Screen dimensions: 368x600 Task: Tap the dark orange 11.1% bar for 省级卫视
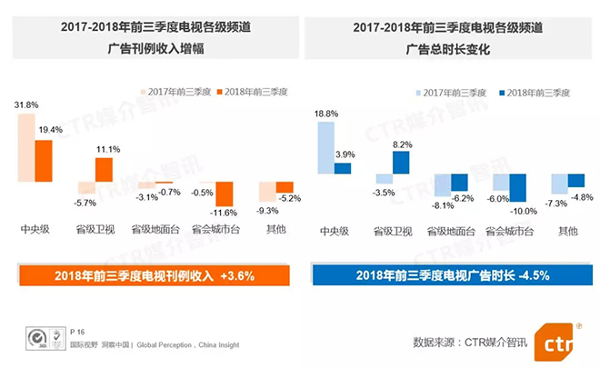tap(104, 170)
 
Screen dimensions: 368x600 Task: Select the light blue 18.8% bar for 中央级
tap(325, 148)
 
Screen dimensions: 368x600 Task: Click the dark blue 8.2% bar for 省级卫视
tap(400, 163)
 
